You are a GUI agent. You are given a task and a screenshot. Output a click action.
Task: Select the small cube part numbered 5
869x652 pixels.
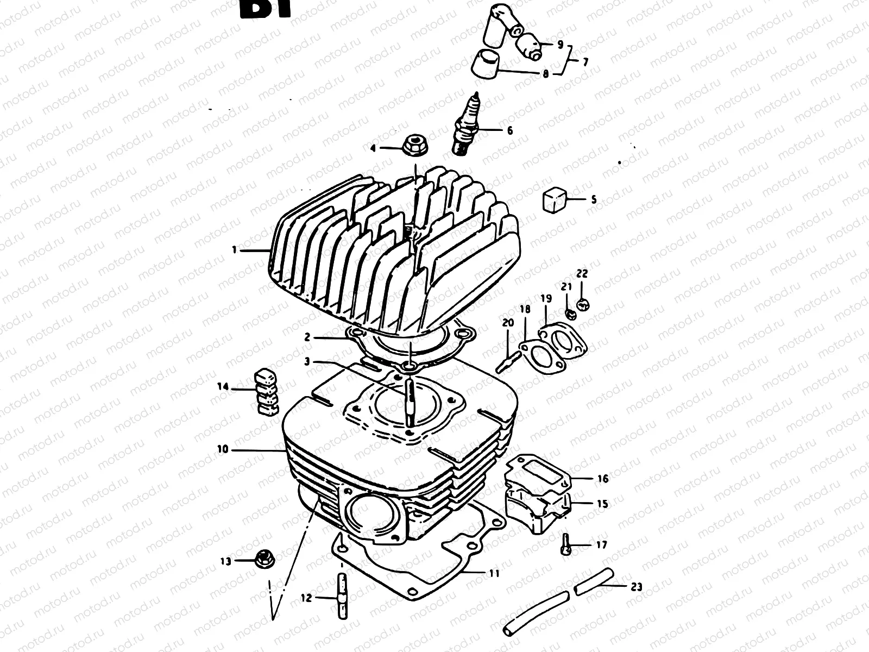[555, 200]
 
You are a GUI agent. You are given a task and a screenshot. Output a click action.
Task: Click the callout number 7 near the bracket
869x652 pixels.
[585, 62]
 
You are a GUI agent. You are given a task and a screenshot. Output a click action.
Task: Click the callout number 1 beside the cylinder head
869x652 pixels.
[234, 250]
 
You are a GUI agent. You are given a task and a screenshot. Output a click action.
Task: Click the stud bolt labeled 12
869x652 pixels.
[342, 595]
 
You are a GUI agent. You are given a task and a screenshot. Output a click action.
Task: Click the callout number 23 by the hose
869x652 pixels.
[637, 587]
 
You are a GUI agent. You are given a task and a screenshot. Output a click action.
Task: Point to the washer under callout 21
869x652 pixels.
[570, 314]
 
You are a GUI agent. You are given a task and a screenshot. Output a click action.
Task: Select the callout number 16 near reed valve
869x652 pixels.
[603, 479]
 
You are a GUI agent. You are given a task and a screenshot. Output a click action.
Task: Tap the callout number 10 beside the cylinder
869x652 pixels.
[223, 450]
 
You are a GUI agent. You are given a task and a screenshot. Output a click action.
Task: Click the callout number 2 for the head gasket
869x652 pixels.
[307, 337]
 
